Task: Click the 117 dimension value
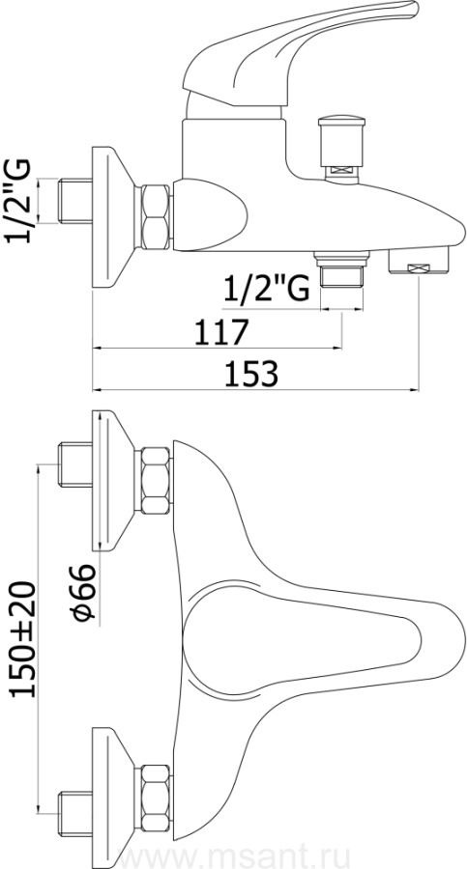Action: pyautogui.click(x=219, y=332)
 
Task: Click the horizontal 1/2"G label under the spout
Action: pyautogui.click(x=266, y=289)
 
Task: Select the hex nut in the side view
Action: pyautogui.click(x=156, y=216)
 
